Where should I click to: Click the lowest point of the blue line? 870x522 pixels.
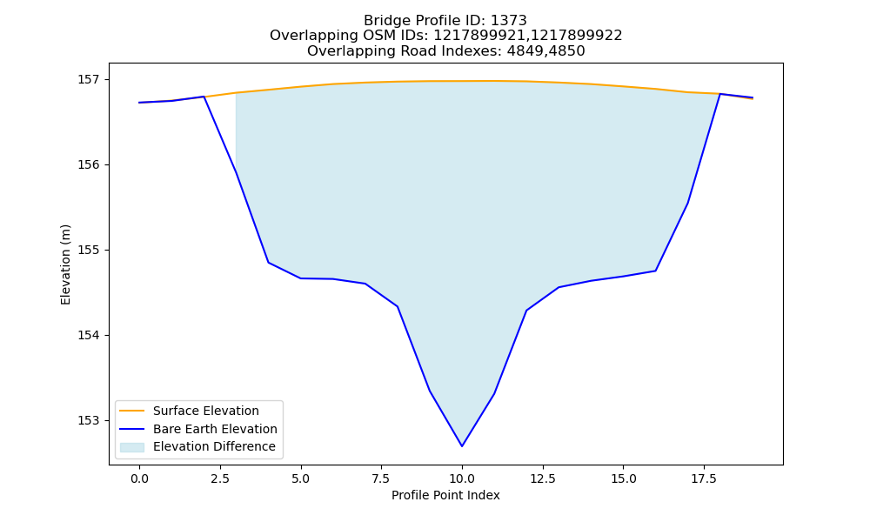462,446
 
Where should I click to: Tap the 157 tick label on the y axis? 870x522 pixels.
86,80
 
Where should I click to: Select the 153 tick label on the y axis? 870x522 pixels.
86,420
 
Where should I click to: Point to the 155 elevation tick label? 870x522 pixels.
86,251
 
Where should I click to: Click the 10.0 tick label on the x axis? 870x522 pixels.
462,478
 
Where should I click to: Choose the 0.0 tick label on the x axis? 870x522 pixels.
139,478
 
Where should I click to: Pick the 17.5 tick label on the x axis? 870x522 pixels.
704,478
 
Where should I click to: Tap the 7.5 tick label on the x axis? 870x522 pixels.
381,478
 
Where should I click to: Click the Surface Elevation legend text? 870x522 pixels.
206,411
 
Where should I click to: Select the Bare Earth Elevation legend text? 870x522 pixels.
215,429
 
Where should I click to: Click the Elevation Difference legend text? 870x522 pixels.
214,446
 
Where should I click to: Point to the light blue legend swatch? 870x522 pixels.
132,447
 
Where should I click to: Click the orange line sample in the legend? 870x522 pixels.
132,411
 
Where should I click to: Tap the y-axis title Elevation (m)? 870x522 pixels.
65,264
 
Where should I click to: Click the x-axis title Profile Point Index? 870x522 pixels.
445,495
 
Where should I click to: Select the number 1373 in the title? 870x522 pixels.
508,21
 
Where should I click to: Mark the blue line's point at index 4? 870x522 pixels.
269,263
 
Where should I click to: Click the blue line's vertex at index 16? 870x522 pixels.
655,271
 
